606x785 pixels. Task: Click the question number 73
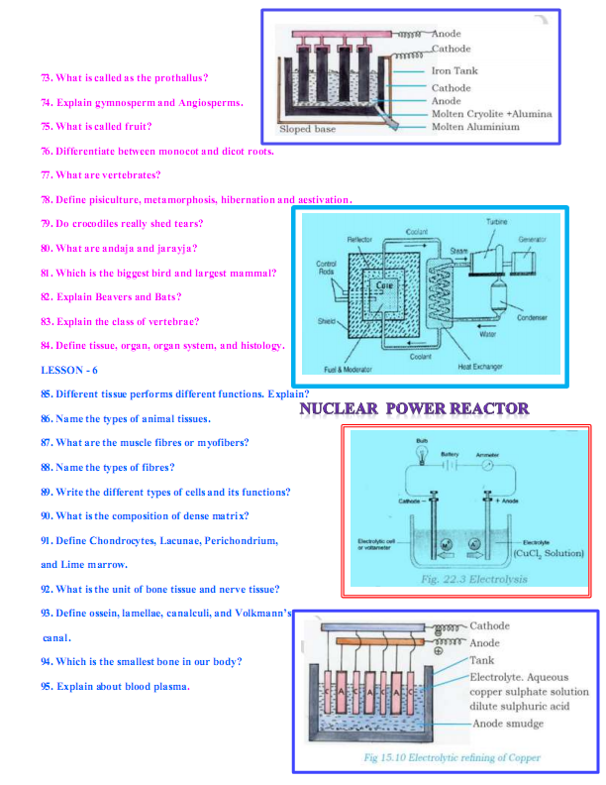pos(47,77)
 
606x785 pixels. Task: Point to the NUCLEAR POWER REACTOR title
pos(414,408)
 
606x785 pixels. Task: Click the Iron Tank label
pos(454,71)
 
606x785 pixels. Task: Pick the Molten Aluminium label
pos(475,127)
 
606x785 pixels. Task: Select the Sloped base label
pos(307,129)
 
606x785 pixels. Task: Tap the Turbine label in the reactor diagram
pos(497,222)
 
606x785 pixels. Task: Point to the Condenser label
pos(533,318)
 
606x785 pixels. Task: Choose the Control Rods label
pos(326,268)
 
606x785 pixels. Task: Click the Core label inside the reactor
pos(384,285)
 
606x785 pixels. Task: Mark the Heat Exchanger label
pos(479,366)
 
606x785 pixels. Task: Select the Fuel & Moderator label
pos(350,369)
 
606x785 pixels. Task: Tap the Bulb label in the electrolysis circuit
pos(421,439)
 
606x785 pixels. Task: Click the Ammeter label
pos(487,455)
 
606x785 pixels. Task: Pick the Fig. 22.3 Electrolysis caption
pos(473,579)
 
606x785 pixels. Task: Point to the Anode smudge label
pos(507,725)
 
